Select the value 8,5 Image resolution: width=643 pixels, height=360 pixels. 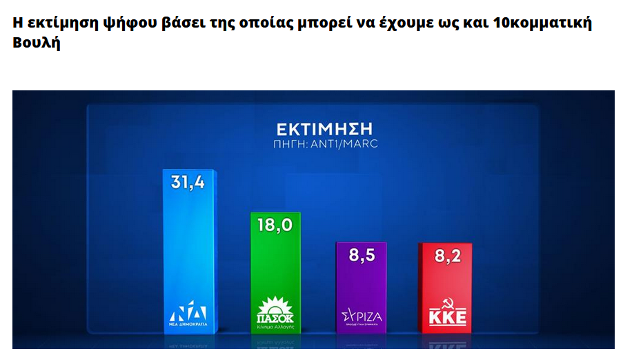coord(361,255)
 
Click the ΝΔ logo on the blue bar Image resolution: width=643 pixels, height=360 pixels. coord(188,311)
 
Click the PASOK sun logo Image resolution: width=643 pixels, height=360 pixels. coord(275,307)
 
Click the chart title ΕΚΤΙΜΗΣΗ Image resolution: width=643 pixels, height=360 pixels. coord(324,129)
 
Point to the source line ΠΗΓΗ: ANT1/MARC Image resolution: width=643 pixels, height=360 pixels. coord(324,144)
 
